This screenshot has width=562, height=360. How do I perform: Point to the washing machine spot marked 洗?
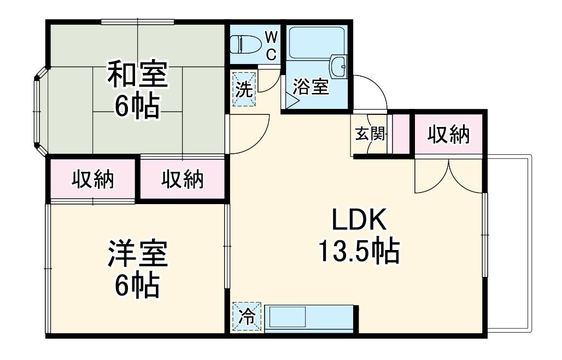pyautogui.click(x=244, y=89)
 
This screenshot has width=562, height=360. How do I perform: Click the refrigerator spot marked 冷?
pyautogui.click(x=247, y=317)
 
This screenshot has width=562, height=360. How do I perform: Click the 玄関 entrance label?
pyautogui.click(x=370, y=133)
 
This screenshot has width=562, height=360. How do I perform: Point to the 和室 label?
pyautogui.click(x=137, y=76)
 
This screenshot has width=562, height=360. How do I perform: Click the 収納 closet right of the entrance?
pyautogui.click(x=448, y=134)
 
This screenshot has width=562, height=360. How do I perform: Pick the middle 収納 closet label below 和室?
pyautogui.click(x=182, y=179)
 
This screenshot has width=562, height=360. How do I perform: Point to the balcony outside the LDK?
pyautogui.click(x=508, y=243)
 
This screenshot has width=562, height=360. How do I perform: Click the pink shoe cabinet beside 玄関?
pyautogui.click(x=401, y=134)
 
